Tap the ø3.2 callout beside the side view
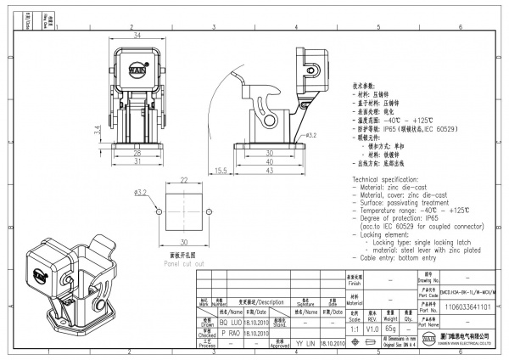(310, 134)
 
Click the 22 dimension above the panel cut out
(183, 181)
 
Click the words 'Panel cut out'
(184, 263)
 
